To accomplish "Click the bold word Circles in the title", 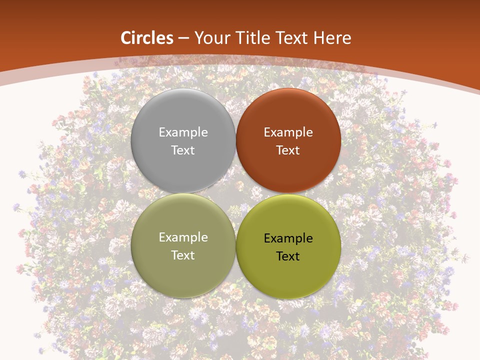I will click(147, 38).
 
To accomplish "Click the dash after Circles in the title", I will click(184, 38).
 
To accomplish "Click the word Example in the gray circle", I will click(183, 132).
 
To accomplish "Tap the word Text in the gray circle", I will click(183, 150).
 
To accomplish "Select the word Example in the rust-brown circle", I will click(288, 132).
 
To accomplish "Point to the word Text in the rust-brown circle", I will click(288, 150).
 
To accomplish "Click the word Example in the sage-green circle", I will click(183, 237).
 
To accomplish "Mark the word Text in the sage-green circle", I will click(183, 255).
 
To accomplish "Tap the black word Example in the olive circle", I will click(288, 238).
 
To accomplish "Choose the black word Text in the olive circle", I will click(288, 256).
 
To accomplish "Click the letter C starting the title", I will click(126, 38).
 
